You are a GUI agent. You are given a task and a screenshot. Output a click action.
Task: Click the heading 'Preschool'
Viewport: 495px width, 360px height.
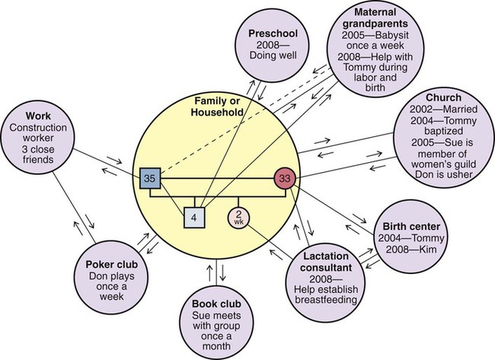point(275,33)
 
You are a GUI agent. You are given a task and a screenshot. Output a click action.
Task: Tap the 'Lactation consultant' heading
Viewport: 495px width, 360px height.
point(324,263)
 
